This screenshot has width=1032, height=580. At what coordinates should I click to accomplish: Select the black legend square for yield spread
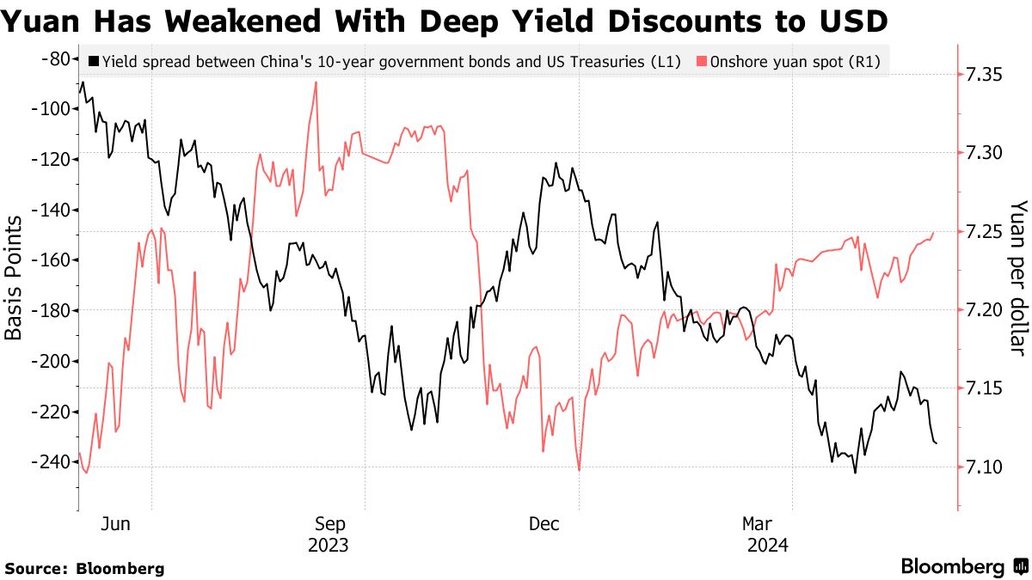click(x=94, y=62)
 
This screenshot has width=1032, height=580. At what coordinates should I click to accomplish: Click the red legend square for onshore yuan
click(x=702, y=62)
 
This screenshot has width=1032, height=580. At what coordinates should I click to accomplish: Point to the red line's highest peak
click(x=316, y=82)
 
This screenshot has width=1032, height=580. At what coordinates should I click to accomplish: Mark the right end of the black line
click(x=936, y=443)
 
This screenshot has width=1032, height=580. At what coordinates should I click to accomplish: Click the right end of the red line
click(x=934, y=233)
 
